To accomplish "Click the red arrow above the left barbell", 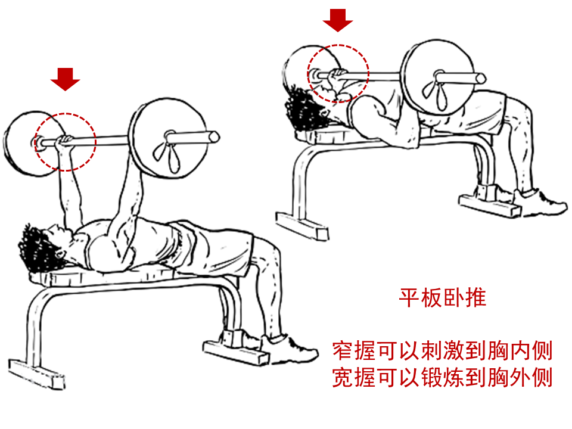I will click(65, 79).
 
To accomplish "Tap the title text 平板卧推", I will click(442, 297).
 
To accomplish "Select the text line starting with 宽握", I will click(442, 378).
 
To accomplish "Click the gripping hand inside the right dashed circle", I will click(337, 75).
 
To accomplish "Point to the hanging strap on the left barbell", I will click(166, 156).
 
